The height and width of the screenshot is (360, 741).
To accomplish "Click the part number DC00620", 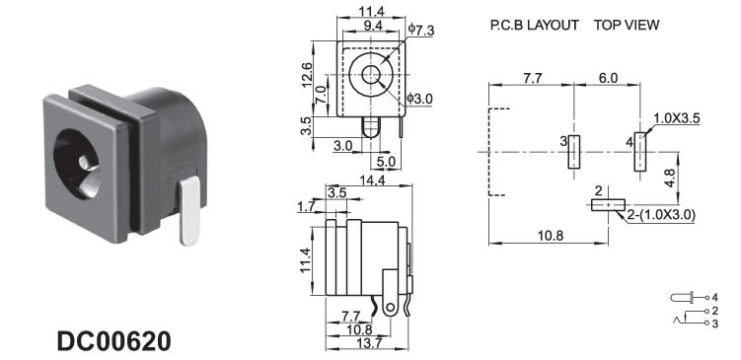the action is point(113,341).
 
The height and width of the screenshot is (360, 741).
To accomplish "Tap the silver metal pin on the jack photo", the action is point(189,211).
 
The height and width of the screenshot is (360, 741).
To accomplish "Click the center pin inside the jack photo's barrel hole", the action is point(85,163).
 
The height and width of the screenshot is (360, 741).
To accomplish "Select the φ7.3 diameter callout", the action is point(421,31).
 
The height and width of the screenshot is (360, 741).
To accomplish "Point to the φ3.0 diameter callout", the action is point(420,99).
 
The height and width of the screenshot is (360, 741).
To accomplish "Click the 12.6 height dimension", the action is point(307,75).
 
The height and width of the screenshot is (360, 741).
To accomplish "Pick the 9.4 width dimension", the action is point(372,26).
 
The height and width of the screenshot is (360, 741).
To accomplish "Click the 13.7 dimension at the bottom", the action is point(368,343).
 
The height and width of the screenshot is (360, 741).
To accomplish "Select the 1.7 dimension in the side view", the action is point(306,206).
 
